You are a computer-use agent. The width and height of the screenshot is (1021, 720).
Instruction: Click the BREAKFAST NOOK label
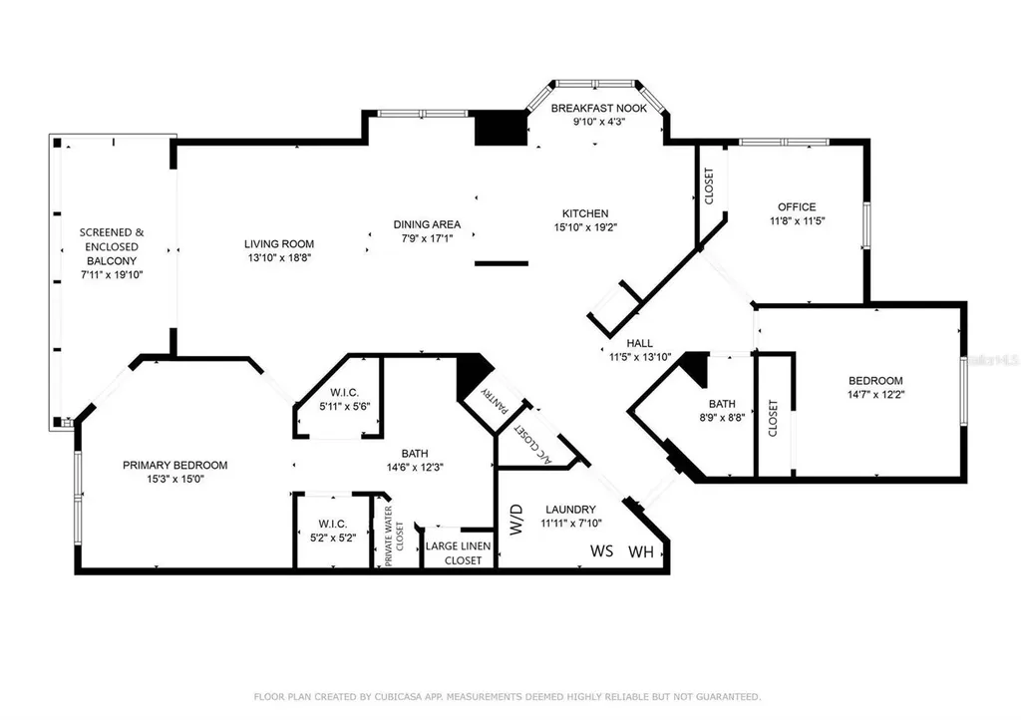click(x=599, y=108)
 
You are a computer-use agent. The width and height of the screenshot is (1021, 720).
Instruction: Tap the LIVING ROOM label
click(x=279, y=244)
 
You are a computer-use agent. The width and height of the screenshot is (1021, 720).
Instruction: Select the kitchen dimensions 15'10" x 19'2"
click(x=585, y=227)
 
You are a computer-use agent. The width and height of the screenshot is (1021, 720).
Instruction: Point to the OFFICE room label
click(x=797, y=207)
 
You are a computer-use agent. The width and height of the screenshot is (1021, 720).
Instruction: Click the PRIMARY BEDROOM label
click(x=175, y=465)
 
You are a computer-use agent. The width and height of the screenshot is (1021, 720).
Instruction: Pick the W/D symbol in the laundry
click(x=516, y=519)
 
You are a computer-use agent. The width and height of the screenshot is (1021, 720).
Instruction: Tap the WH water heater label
click(x=641, y=552)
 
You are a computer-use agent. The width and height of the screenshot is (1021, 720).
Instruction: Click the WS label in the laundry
click(x=601, y=550)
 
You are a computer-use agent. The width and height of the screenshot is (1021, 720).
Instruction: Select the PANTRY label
click(x=495, y=399)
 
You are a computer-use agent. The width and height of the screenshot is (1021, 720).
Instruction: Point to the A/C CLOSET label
click(x=533, y=446)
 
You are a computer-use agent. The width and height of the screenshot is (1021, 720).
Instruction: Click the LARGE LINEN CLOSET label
click(x=459, y=553)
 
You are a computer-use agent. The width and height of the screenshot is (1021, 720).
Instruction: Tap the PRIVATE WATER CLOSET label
click(x=394, y=536)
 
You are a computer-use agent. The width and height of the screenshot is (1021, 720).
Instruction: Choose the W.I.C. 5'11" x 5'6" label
click(x=344, y=399)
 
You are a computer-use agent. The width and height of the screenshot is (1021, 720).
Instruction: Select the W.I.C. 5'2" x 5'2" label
click(x=333, y=531)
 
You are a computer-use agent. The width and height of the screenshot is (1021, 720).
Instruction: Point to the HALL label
click(x=640, y=343)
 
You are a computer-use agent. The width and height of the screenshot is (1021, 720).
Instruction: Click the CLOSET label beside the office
click(x=709, y=186)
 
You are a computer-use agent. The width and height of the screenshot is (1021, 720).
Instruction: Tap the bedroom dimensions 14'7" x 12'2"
click(x=875, y=394)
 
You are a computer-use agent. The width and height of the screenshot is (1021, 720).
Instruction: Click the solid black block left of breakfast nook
click(x=501, y=128)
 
